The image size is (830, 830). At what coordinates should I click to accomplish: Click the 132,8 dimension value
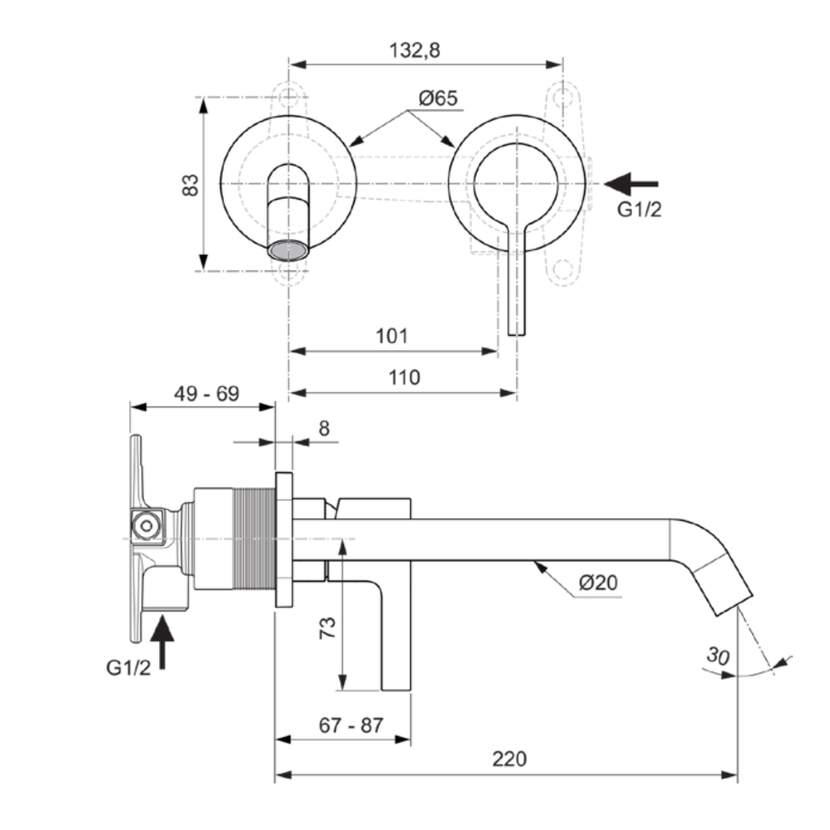(x=415, y=50)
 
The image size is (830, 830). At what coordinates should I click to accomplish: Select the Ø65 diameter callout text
(x=437, y=98)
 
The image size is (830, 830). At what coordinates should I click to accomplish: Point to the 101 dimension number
(x=392, y=336)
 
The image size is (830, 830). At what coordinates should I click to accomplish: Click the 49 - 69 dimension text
(x=206, y=394)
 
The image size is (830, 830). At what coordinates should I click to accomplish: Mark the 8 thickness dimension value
(x=323, y=428)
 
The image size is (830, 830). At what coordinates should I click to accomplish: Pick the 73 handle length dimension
(x=328, y=630)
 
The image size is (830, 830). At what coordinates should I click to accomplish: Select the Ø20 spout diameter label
(x=598, y=582)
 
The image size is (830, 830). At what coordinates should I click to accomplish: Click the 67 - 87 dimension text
(x=351, y=725)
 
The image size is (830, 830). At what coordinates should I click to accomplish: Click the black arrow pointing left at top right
(x=631, y=182)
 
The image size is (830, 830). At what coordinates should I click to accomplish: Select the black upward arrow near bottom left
(x=164, y=643)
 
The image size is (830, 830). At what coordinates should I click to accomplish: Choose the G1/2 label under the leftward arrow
(x=639, y=210)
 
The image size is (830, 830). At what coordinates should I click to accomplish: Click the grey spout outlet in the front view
(x=288, y=250)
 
